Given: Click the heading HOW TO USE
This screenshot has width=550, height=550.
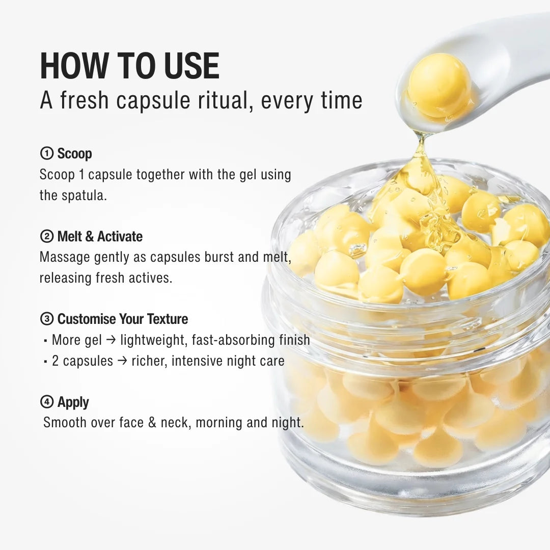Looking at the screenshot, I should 129,66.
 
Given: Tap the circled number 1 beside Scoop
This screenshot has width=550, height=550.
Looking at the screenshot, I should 46,153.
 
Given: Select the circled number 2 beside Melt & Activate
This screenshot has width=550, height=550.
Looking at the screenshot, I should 46,236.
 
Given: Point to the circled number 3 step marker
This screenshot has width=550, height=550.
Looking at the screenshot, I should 46,319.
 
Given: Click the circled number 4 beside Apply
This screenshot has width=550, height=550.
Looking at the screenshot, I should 46,402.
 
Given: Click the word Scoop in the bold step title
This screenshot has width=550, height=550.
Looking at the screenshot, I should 74,153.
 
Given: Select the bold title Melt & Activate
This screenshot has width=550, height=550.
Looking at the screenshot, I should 100,236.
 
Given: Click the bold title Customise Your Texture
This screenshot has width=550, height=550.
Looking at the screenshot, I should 122,319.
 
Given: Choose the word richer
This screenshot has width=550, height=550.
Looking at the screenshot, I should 149,361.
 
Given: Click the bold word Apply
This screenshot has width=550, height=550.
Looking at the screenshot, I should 73,402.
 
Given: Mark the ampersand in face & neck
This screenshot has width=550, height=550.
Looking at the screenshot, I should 151,423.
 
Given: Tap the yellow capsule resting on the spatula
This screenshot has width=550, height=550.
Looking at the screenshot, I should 439,85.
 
